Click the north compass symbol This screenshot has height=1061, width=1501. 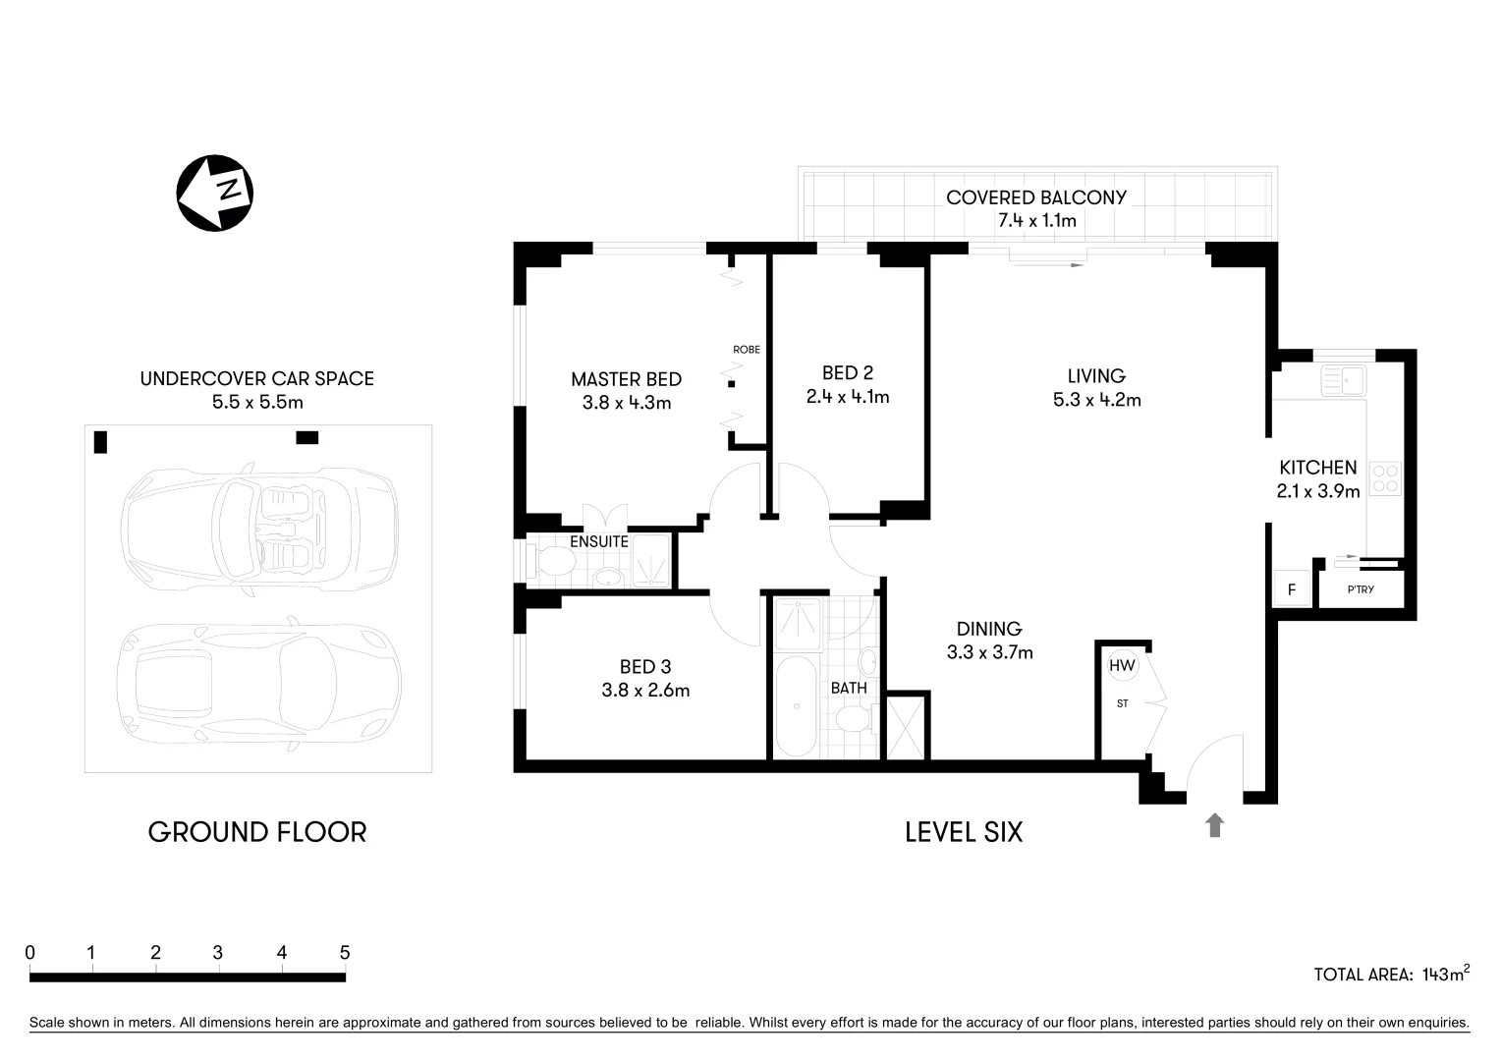(215, 193)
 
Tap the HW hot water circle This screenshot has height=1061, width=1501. (1121, 665)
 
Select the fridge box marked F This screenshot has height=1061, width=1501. (1291, 590)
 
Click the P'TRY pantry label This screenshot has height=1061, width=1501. (1361, 589)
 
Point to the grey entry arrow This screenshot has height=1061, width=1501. (1215, 825)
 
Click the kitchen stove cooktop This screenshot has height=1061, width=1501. (1386, 478)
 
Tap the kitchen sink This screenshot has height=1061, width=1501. (1342, 379)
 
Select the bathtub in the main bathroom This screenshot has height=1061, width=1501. (795, 707)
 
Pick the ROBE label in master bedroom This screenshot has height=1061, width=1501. (746, 349)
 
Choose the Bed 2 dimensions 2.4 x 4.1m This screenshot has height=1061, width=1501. (847, 397)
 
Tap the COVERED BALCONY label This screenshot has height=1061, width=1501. (1036, 196)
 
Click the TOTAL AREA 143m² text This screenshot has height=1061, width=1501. (1391, 974)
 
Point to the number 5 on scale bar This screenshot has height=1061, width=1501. (344, 952)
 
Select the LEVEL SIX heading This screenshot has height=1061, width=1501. (963, 832)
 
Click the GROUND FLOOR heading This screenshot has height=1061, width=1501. (257, 832)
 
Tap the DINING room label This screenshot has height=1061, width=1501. (989, 629)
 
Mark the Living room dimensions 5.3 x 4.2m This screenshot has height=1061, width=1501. (1096, 400)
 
